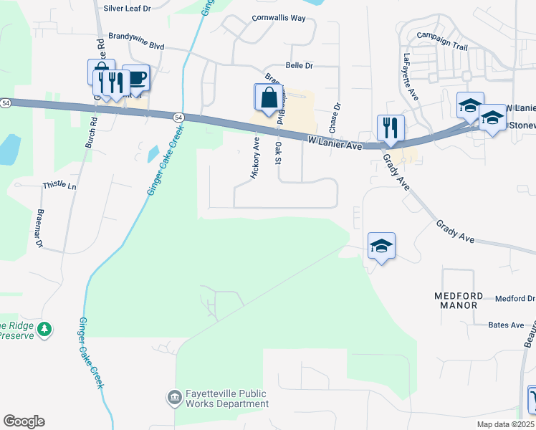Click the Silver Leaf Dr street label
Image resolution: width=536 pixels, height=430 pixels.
point(127,8)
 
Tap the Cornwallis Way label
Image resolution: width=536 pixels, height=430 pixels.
point(278,17)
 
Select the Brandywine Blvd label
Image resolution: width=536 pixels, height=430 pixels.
point(136,39)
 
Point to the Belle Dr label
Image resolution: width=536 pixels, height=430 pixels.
point(300,65)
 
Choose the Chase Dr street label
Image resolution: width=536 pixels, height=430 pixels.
point(334,116)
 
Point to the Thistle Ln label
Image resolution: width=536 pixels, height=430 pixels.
point(59,185)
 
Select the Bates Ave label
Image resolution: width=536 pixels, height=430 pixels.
point(506,325)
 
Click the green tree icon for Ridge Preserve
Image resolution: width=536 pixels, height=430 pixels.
point(45,330)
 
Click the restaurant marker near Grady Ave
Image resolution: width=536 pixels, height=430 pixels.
point(391,128)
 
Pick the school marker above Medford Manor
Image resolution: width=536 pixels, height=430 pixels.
point(381,246)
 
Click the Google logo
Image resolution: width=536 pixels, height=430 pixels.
point(24,421)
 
